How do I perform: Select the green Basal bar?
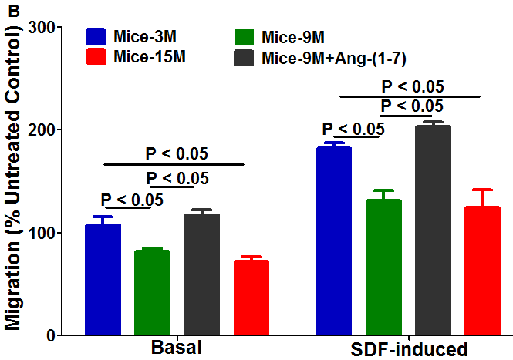[152, 292]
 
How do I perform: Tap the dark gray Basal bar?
[201, 274]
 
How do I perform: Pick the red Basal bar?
[251, 297]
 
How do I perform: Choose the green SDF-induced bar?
[383, 267]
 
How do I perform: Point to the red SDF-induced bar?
[482, 270]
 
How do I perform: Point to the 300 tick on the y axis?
[46, 27]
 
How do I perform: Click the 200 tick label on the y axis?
[46, 130]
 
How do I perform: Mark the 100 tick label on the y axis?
[46, 232]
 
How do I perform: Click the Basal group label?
[177, 348]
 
